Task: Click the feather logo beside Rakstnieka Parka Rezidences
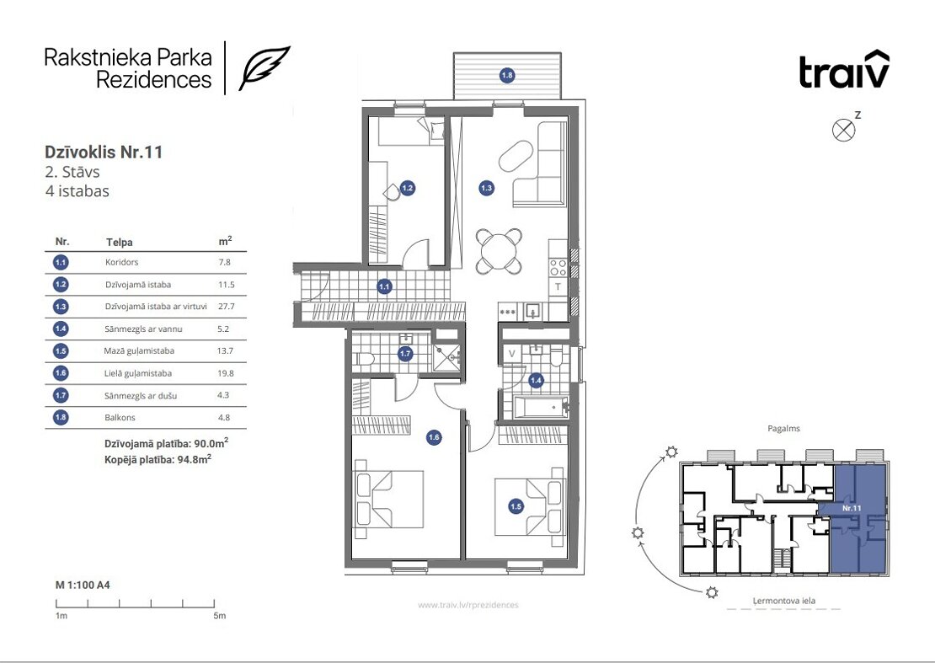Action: click(x=264, y=67)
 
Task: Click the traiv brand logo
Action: click(x=844, y=69)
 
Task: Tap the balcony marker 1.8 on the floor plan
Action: click(x=507, y=75)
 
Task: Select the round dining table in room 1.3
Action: click(x=500, y=251)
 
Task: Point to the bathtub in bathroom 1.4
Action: click(x=538, y=408)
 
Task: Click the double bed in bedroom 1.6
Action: click(x=389, y=499)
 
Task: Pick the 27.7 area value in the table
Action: click(x=226, y=307)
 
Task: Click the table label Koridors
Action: click(x=121, y=262)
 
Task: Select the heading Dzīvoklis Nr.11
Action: click(x=104, y=152)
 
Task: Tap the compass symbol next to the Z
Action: click(x=843, y=130)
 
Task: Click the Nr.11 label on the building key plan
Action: click(x=852, y=509)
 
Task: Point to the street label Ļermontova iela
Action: click(x=783, y=601)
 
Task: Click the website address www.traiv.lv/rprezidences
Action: click(x=468, y=605)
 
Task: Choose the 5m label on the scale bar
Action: click(x=220, y=616)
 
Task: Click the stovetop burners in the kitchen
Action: click(x=558, y=267)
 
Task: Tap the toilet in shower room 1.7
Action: click(x=364, y=359)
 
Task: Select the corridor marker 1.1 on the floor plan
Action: click(x=384, y=286)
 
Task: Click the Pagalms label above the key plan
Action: click(x=783, y=429)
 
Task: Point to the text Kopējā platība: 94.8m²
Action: click(x=158, y=460)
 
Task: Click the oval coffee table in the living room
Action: click(x=516, y=156)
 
